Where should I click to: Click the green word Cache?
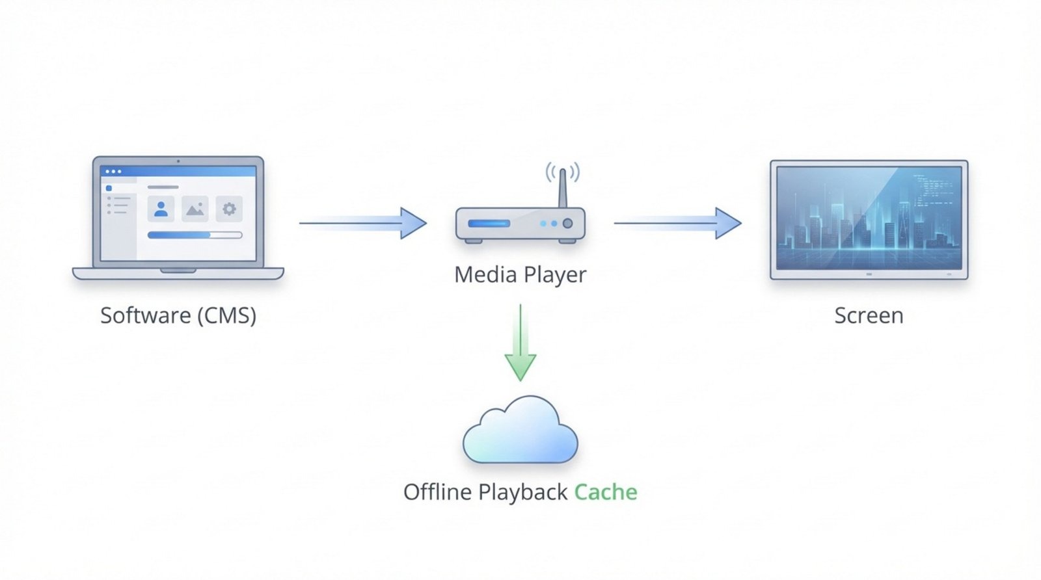[605, 492]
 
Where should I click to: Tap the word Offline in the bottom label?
[437, 492]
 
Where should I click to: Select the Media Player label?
[520, 274]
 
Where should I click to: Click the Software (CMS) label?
[178, 315]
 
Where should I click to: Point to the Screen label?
[869, 315]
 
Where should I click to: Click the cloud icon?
[520, 433]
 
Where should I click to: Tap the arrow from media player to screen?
[677, 223]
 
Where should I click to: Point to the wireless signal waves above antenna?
[563, 171]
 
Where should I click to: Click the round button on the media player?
[567, 224]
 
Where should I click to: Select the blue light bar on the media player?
[489, 224]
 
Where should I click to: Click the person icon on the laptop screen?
[161, 209]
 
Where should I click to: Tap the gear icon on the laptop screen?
[229, 209]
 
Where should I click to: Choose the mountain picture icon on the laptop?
[195, 209]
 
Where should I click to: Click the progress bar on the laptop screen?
[195, 235]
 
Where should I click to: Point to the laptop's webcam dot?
[178, 161]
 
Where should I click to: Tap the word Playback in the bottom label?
[522, 492]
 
